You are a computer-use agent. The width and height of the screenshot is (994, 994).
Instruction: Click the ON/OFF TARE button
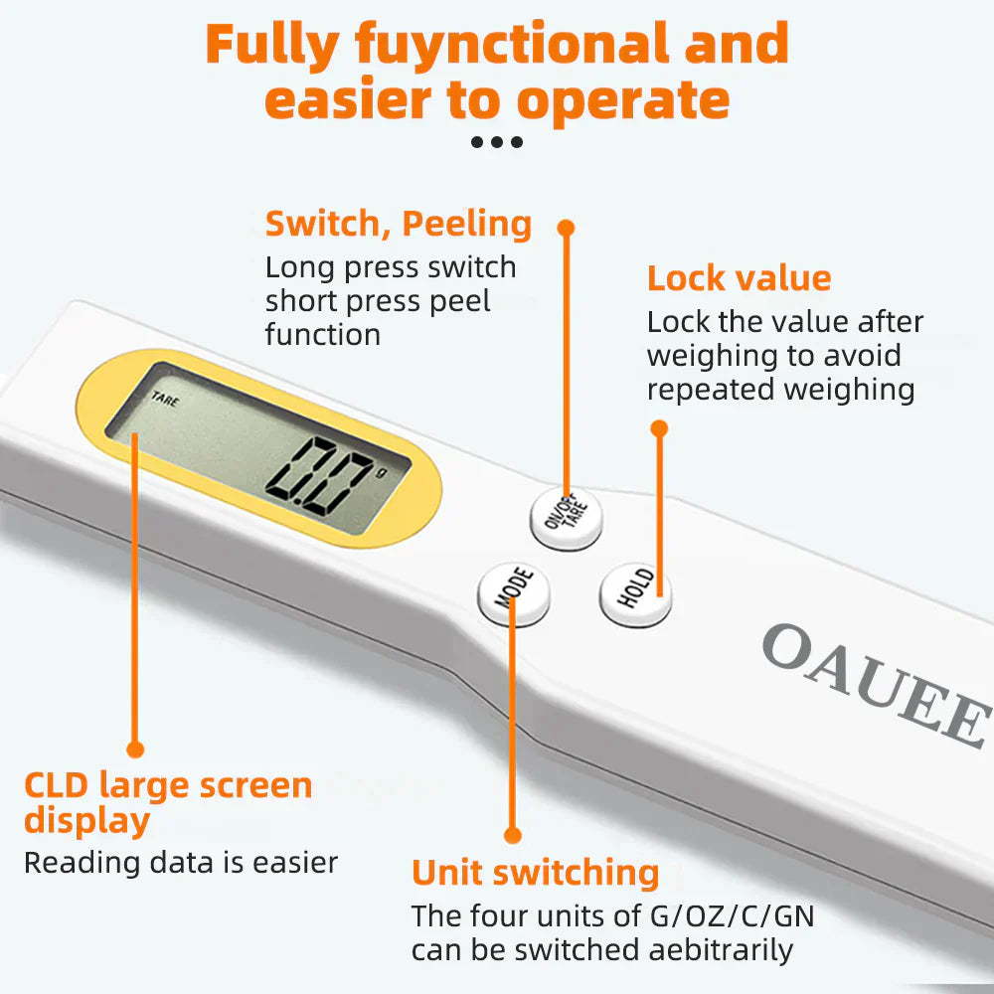pos(566,517)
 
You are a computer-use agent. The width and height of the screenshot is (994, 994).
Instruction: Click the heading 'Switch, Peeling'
pos(398,224)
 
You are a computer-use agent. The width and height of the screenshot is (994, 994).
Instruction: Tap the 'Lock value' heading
pos(739,278)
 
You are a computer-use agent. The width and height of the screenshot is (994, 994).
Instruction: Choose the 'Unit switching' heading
pos(535,872)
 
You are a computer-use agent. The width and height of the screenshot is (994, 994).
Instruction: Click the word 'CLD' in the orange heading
pos(57,785)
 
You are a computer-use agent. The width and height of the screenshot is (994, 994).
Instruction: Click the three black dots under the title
pos(496,142)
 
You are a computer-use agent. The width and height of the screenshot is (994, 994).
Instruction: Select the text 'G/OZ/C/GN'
pos(732,915)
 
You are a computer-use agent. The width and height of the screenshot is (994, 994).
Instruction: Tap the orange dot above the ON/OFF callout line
pos(566,228)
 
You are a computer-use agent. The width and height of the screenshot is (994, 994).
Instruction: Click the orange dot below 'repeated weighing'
pos(658,428)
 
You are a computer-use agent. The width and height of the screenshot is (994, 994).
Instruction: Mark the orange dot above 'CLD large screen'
pos(135,748)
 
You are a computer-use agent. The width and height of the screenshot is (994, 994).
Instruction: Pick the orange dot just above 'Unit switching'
pos(512,835)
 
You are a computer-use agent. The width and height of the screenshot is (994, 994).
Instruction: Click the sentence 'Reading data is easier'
pos(181,862)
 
